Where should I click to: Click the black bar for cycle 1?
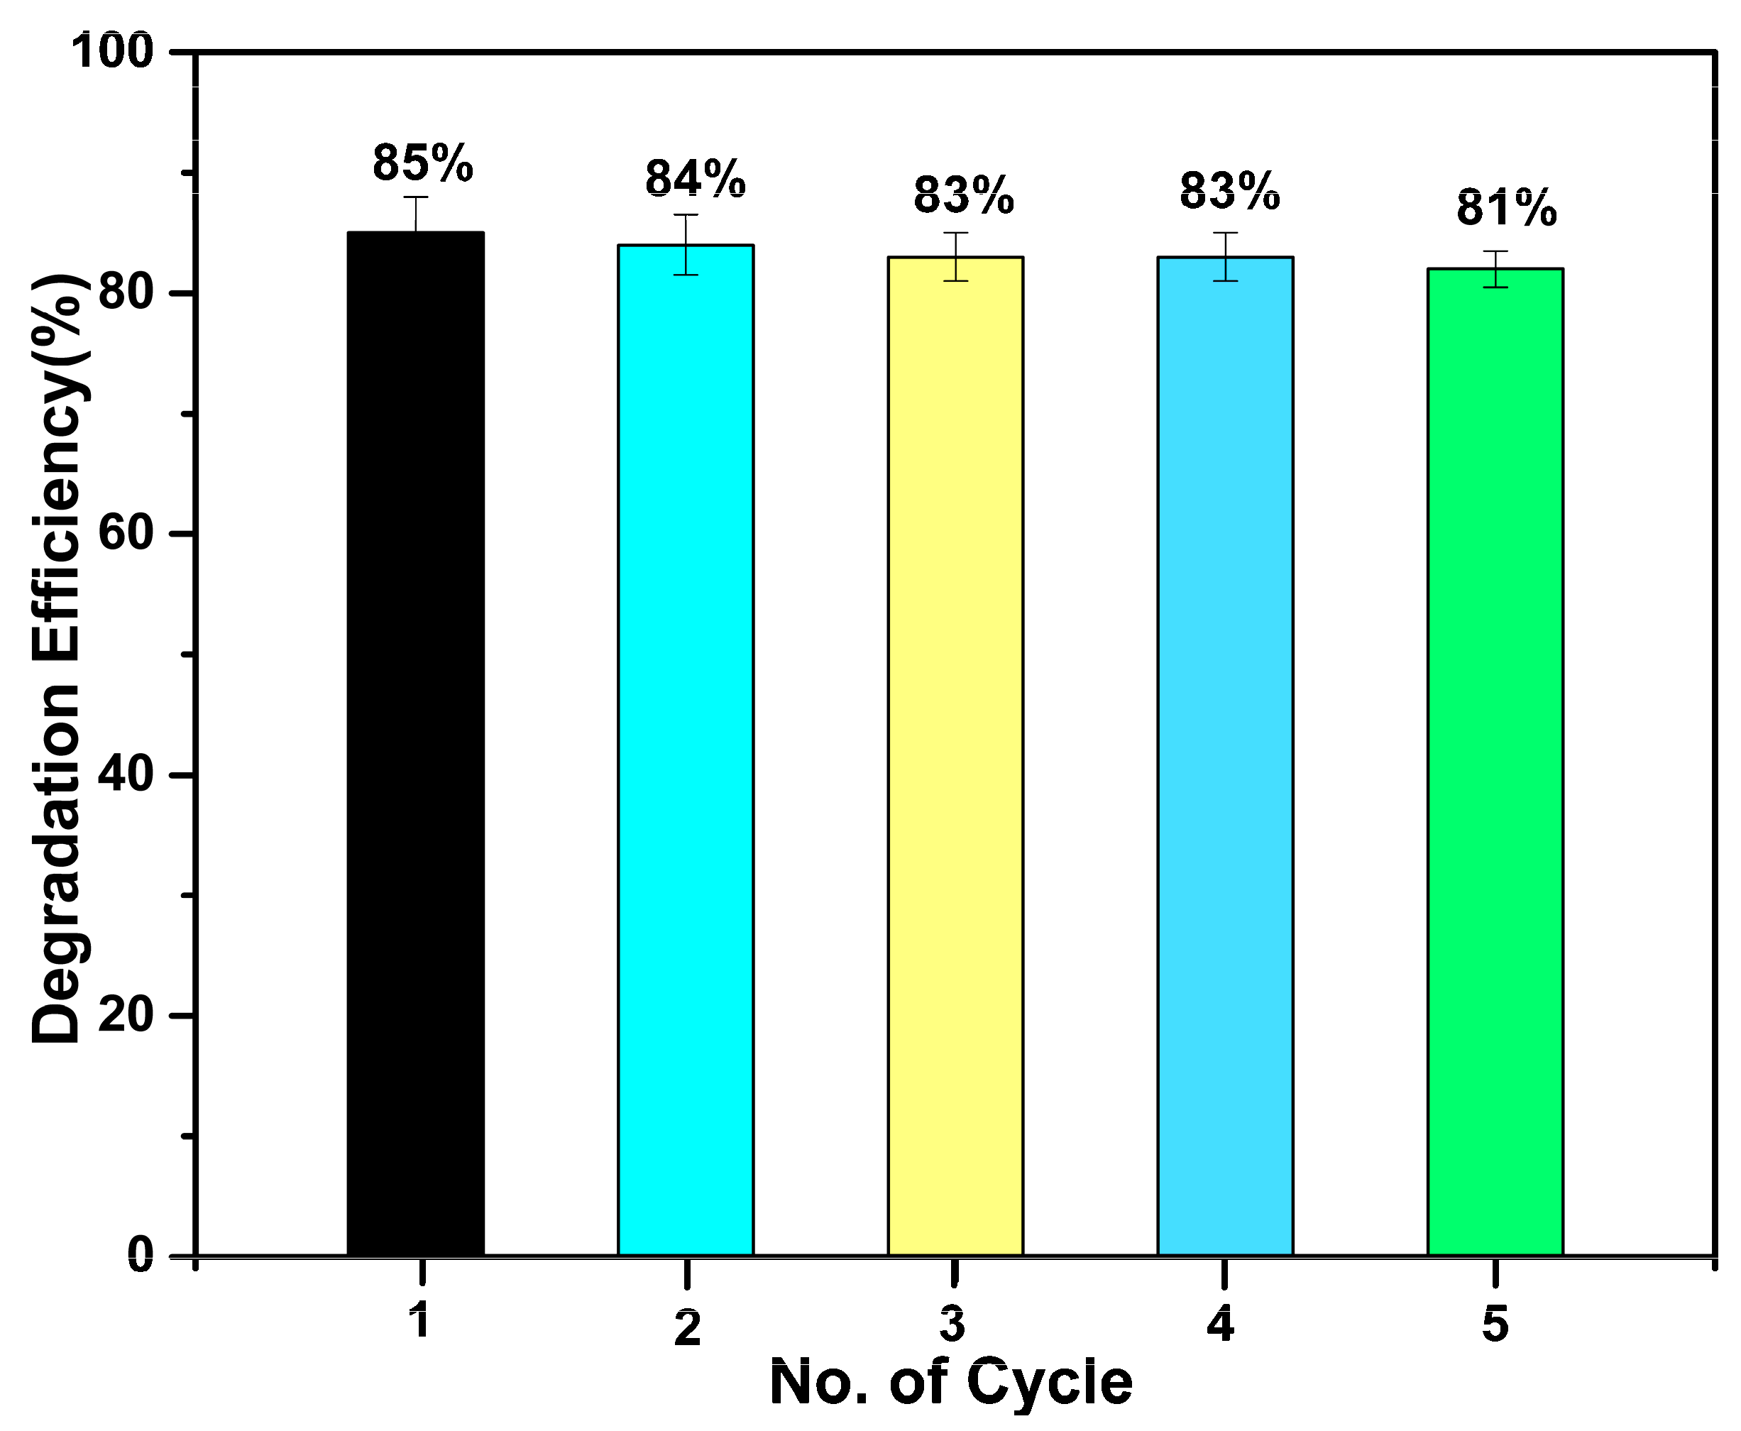(415, 742)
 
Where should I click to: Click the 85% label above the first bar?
(423, 163)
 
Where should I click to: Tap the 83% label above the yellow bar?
(964, 196)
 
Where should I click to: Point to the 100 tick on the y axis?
(113, 51)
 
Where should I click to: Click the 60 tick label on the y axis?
(126, 532)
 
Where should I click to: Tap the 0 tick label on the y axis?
(140, 1254)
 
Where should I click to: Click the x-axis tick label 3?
(952, 1325)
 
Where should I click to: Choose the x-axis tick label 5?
(1495, 1325)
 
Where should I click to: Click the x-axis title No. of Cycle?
(950, 1382)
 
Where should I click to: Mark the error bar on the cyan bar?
(686, 244)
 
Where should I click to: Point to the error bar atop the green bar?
(1495, 269)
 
